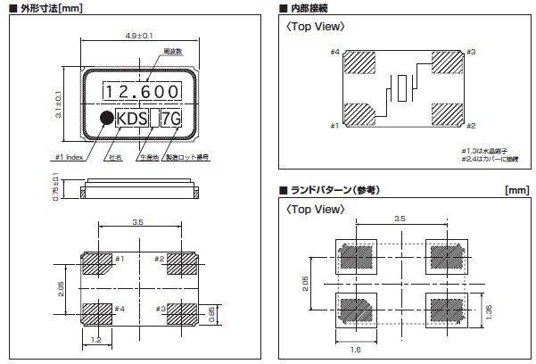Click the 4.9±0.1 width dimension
140,36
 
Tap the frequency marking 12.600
140,92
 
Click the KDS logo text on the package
130,119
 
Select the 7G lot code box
174,119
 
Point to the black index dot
104,119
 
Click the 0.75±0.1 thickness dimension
58,189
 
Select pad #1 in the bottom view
95,264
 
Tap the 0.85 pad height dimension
210,313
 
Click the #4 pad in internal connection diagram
362,65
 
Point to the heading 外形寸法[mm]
44,8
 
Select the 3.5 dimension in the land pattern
400,218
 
